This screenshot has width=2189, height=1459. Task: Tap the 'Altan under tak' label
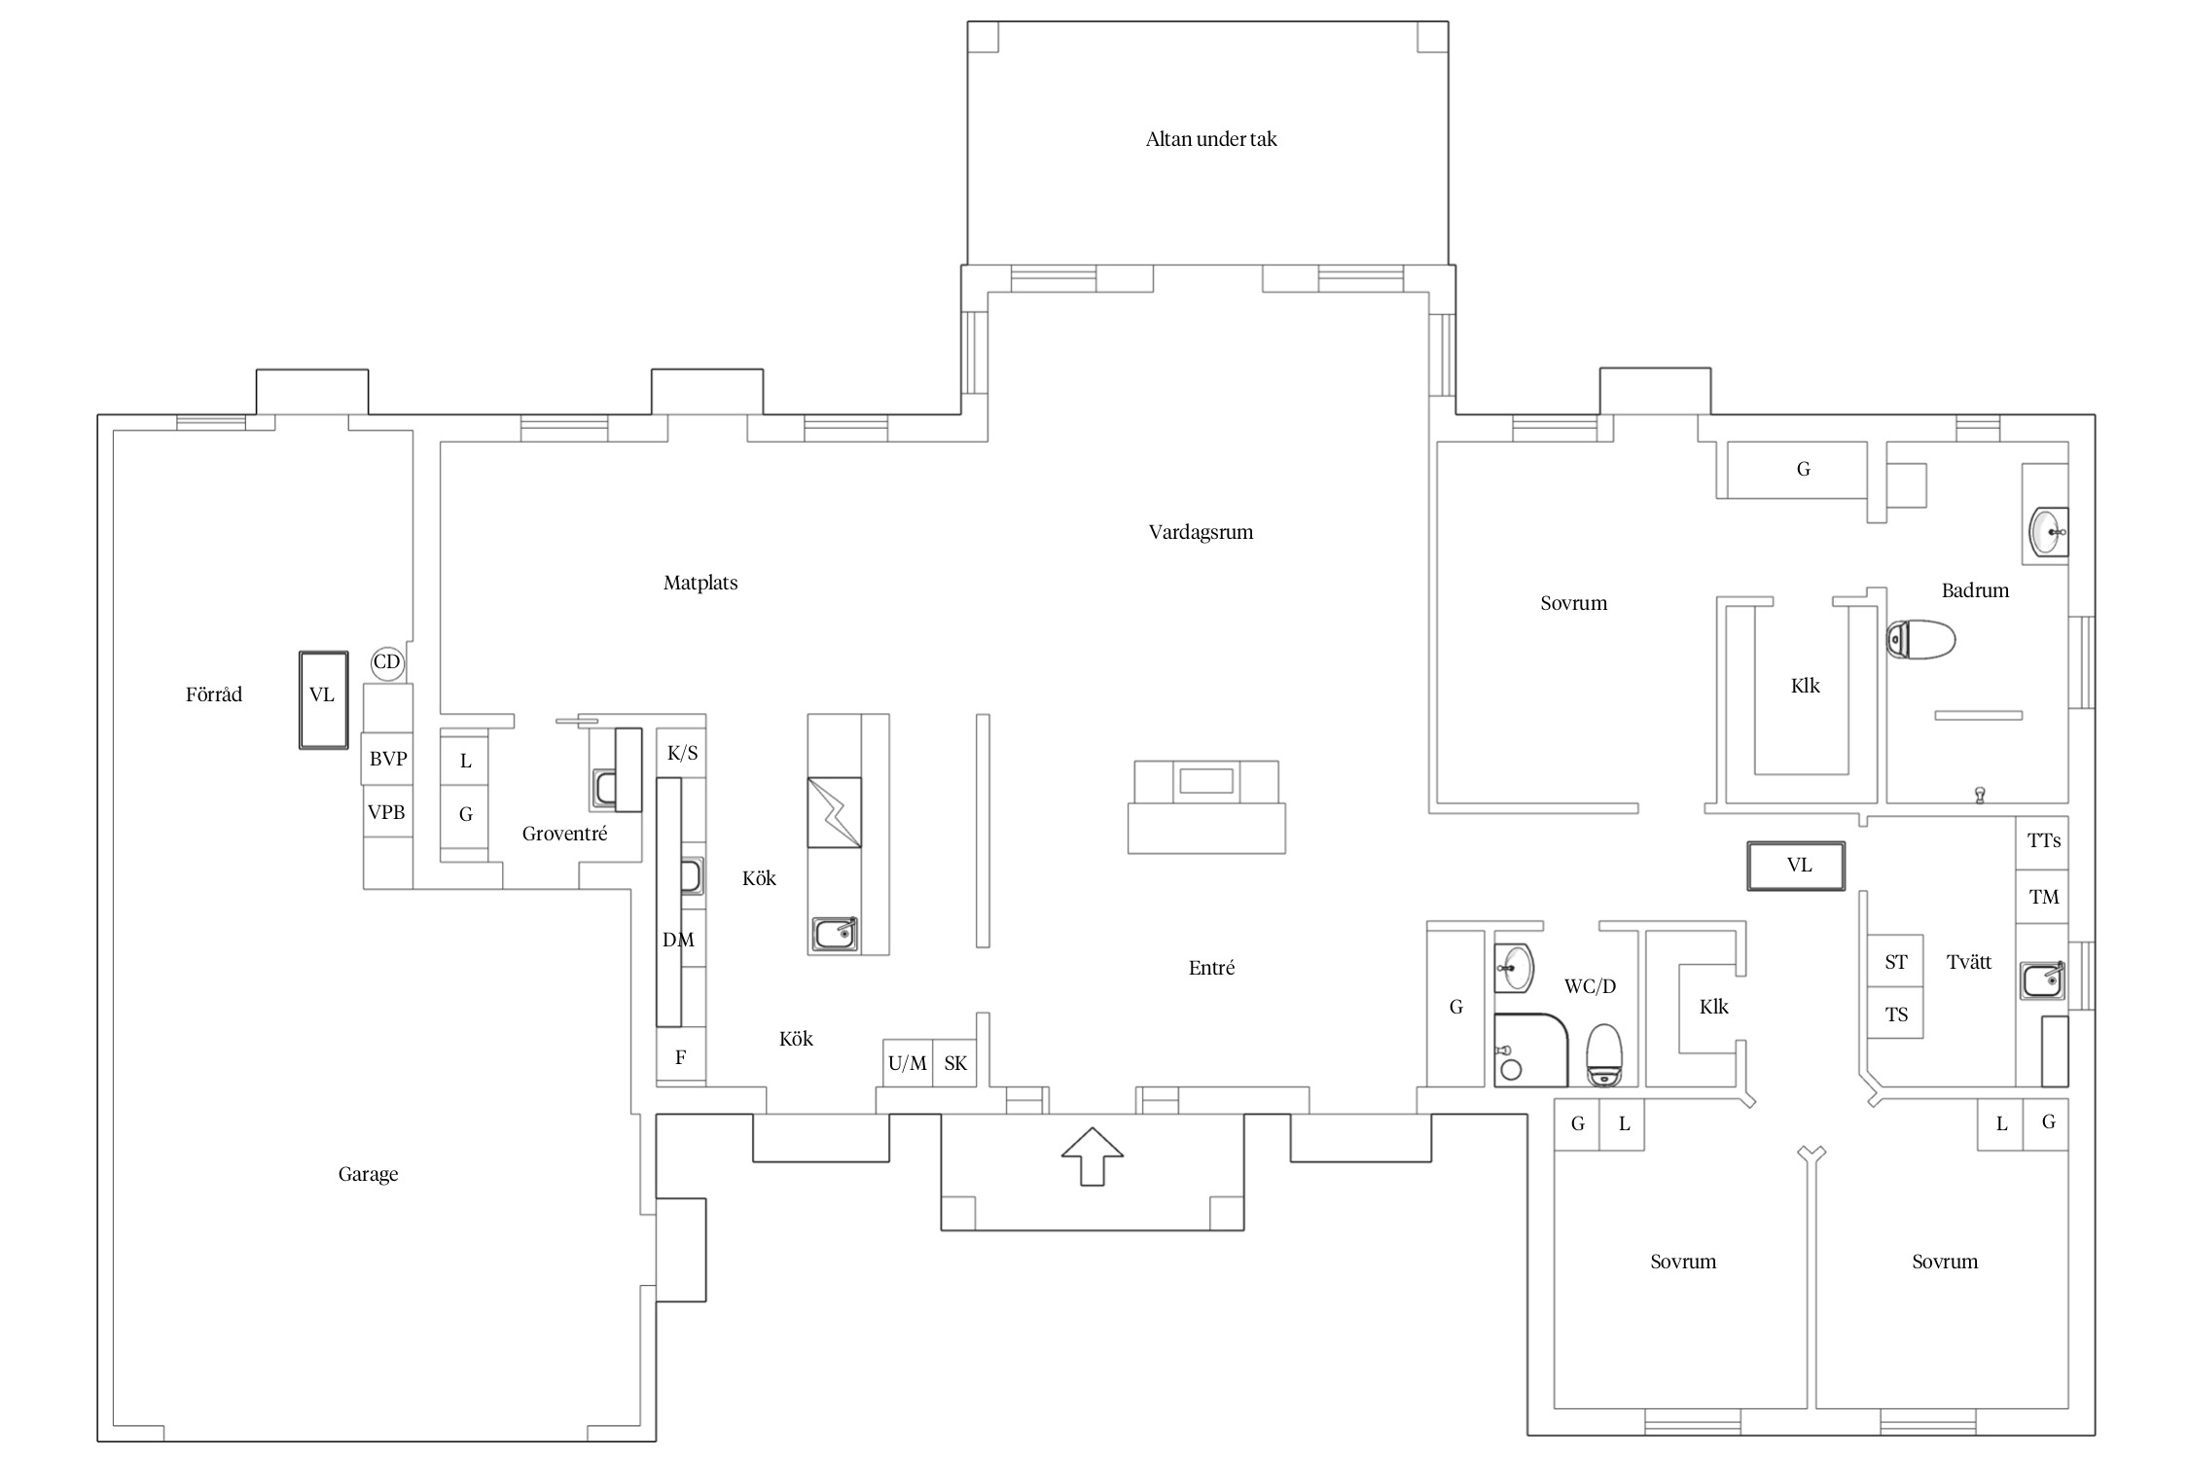click(1210, 139)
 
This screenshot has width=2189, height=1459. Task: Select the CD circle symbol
click(387, 662)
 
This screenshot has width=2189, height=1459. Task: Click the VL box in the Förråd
click(323, 700)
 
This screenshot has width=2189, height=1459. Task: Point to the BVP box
click(387, 759)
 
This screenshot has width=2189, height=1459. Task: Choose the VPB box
click(387, 811)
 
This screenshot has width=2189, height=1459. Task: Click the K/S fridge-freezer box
click(682, 753)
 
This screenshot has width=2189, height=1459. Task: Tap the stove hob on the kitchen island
click(834, 812)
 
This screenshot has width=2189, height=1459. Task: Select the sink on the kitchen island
click(835, 935)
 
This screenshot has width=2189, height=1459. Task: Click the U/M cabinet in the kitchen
click(908, 1063)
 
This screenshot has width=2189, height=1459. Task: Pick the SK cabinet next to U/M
click(955, 1063)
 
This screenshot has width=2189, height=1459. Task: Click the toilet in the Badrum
click(1920, 640)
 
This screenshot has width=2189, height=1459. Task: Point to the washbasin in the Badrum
click(2048, 533)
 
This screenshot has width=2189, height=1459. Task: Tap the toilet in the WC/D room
click(1604, 1055)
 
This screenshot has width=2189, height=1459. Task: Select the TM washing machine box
click(2042, 898)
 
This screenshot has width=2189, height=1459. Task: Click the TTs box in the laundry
click(2042, 842)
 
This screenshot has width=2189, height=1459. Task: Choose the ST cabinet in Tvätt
click(1895, 962)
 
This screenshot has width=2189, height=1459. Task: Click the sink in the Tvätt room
click(2042, 980)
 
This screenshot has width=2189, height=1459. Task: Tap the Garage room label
click(368, 1174)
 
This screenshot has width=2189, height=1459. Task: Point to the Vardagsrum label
click(1201, 533)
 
